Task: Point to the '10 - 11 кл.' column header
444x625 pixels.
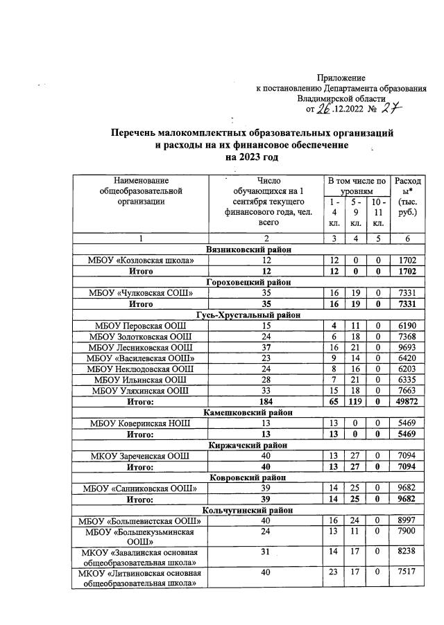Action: [378, 212]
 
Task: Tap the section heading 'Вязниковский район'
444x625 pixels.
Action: [248, 249]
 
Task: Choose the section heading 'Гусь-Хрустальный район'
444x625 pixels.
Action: [248, 315]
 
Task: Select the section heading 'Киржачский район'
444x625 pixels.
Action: [248, 445]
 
